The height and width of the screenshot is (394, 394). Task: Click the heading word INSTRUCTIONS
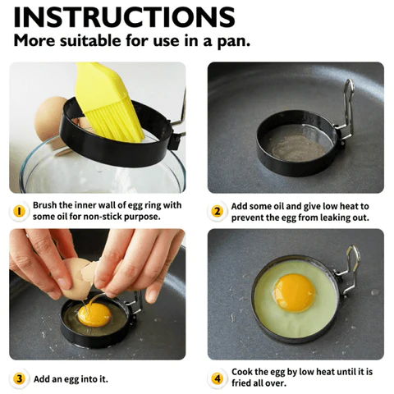coord(125,17)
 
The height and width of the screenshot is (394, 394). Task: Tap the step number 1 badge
coord(20,211)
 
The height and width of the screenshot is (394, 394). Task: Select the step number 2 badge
coord(218,212)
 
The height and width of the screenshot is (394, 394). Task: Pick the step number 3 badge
coord(20,379)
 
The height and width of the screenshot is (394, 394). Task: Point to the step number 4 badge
coord(218,379)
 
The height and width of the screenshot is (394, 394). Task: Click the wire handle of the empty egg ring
coord(347,109)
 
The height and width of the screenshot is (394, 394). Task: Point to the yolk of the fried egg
coord(295,293)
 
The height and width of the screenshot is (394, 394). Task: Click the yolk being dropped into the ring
coord(94,314)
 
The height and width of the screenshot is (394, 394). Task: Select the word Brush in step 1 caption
coord(45,205)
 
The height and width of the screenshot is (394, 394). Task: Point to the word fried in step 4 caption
coord(241,383)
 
